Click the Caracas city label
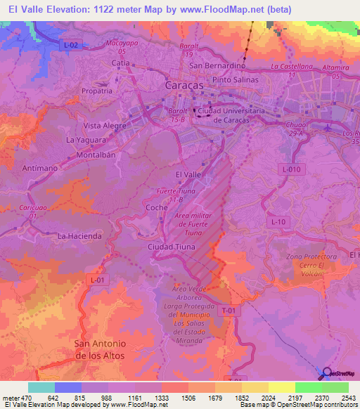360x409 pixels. pos(184,84)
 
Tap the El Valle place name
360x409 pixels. pos(187,174)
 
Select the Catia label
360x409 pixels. pos(121,63)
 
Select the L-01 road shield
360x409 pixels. pos(98,279)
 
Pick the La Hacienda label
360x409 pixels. pos(79,236)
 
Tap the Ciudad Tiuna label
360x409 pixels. pos(170,247)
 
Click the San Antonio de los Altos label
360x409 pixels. pos(100,349)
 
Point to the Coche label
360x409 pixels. pos(156,208)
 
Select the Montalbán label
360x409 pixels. pos(95,154)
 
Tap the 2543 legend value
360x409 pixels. pos(347,397)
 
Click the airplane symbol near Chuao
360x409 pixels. pos(331,127)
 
